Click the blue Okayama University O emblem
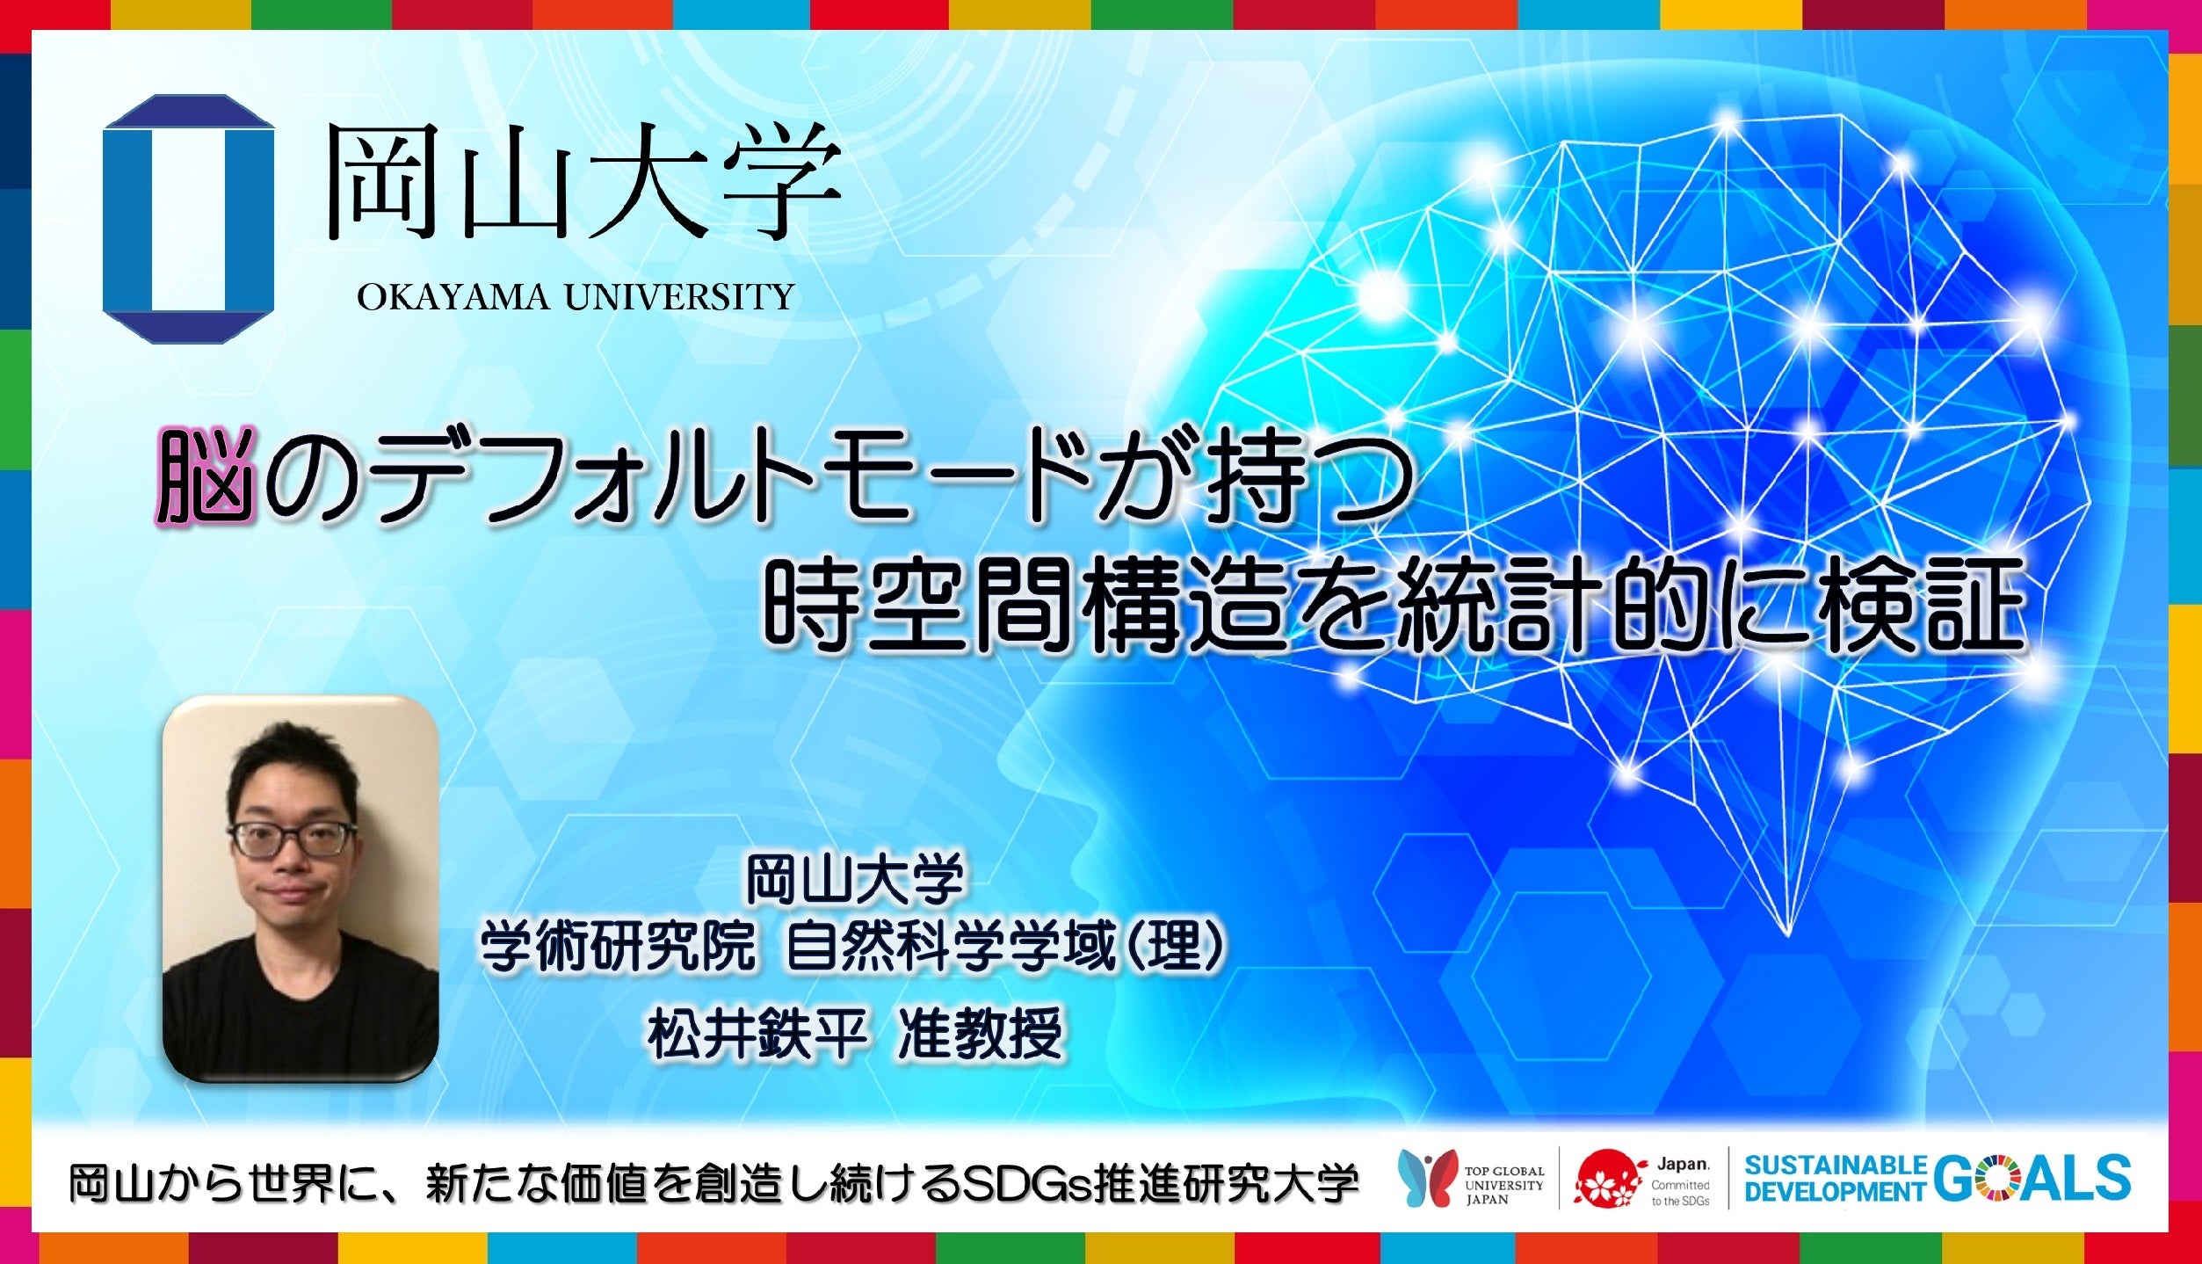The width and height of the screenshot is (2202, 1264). pyautogui.click(x=188, y=218)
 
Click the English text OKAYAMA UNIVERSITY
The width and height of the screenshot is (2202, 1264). pyautogui.click(x=576, y=297)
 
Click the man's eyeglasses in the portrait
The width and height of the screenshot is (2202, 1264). pyautogui.click(x=293, y=839)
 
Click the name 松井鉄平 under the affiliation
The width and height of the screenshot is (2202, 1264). pyautogui.click(x=757, y=1035)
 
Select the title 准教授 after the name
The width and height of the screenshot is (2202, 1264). pyautogui.click(x=981, y=1035)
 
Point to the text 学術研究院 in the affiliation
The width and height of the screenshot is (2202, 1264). pyautogui.click(x=618, y=948)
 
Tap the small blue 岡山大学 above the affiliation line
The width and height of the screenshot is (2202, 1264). pyautogui.click(x=855, y=878)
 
